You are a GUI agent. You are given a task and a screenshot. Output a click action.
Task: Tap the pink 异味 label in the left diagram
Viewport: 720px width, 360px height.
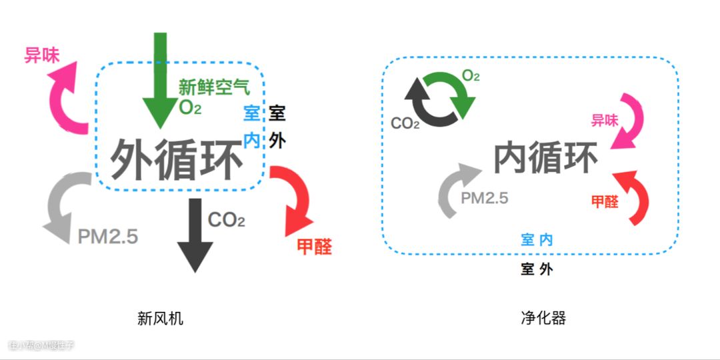[x=42, y=55]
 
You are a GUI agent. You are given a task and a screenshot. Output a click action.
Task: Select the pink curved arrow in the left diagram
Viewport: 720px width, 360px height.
[x=67, y=100]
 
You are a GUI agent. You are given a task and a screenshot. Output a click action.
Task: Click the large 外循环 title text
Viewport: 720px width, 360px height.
[x=177, y=159]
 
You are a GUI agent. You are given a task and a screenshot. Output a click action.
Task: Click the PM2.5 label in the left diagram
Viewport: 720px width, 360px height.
[x=108, y=237]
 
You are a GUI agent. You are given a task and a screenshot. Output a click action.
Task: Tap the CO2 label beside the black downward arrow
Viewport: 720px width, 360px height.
[x=227, y=220]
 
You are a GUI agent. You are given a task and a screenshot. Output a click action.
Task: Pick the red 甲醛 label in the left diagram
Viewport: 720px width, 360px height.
[x=314, y=247]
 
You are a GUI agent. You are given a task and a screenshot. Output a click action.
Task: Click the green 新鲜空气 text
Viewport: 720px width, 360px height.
[x=214, y=87]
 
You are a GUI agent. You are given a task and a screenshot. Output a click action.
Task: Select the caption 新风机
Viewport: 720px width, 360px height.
[x=160, y=319]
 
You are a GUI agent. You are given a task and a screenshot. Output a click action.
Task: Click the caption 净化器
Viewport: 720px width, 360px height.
[x=543, y=318]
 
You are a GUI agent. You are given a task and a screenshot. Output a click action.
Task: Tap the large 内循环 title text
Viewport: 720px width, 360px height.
[x=546, y=158]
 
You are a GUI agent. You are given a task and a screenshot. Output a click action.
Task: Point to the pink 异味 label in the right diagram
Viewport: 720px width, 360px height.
[x=605, y=121]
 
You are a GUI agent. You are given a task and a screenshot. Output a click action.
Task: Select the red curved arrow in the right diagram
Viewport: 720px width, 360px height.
[x=634, y=197]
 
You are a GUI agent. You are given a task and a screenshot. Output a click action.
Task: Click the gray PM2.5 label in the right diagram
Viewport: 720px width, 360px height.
[x=485, y=197]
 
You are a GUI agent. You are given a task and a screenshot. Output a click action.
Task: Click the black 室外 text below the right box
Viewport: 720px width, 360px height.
[x=537, y=269]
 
